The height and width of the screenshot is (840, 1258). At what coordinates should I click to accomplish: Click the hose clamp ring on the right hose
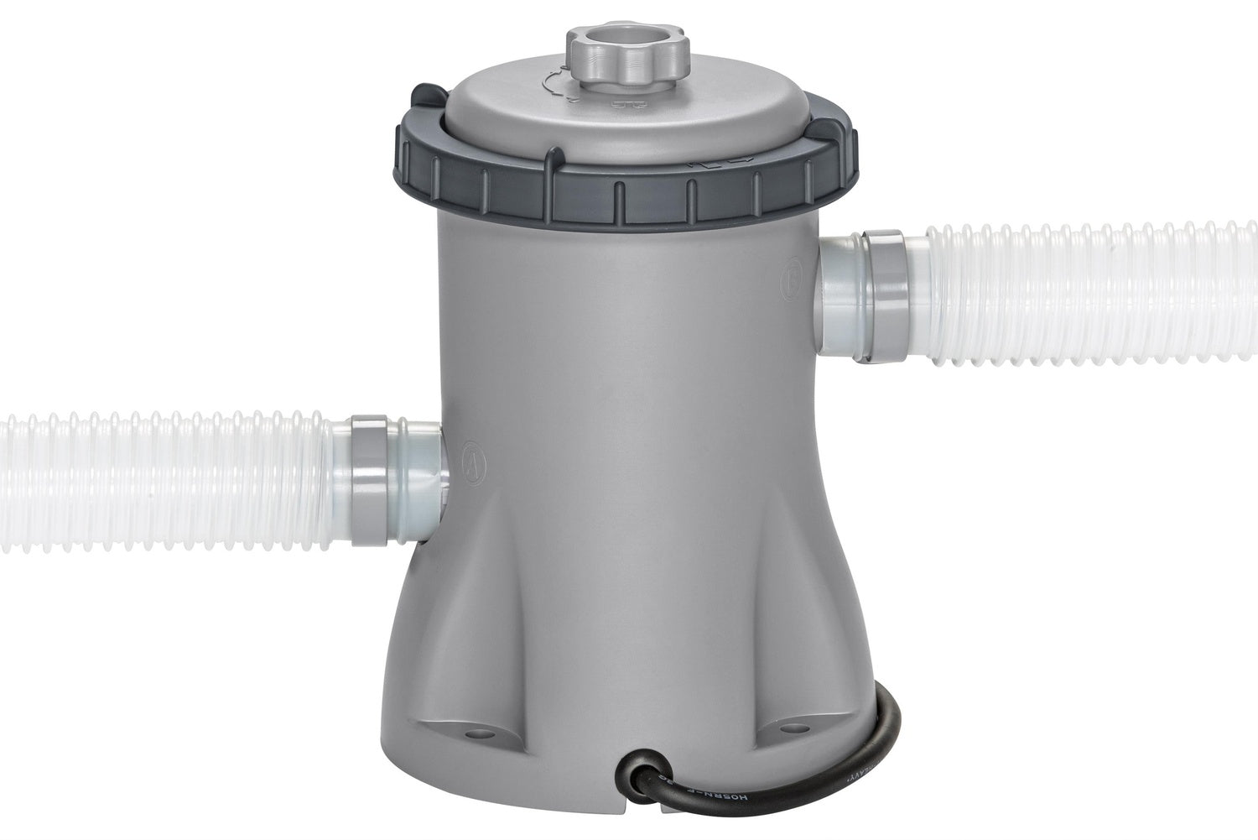coord(886,295)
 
